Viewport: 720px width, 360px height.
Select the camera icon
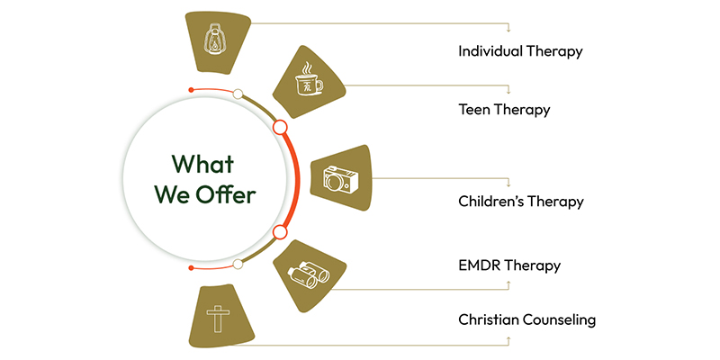pyautogui.click(x=341, y=178)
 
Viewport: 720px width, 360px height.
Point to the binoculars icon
pyautogui.click(x=308, y=277)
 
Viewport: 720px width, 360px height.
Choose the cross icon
pyautogui.click(x=218, y=319)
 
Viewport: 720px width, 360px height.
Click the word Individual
pyautogui.click(x=490, y=51)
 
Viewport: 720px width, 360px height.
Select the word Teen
pyautogui.click(x=473, y=110)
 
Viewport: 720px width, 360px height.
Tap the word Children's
pyautogui.click(x=489, y=202)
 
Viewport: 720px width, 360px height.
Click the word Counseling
pyautogui.click(x=560, y=320)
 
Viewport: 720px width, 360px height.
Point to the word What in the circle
pyautogui.click(x=203, y=164)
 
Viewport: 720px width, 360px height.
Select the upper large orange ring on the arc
pyautogui.click(x=280, y=127)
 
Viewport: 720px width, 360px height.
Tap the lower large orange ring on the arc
pyautogui.click(x=280, y=232)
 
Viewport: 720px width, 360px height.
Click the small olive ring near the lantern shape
pyautogui.click(x=238, y=94)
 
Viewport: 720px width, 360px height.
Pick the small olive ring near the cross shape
pyautogui.click(x=238, y=264)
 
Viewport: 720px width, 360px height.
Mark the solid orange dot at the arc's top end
pyautogui.click(x=192, y=89)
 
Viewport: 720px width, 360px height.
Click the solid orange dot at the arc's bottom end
pyautogui.click(x=192, y=267)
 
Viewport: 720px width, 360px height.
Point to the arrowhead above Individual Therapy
pyautogui.click(x=508, y=30)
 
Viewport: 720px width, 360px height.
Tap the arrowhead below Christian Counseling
pyautogui.click(x=508, y=338)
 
